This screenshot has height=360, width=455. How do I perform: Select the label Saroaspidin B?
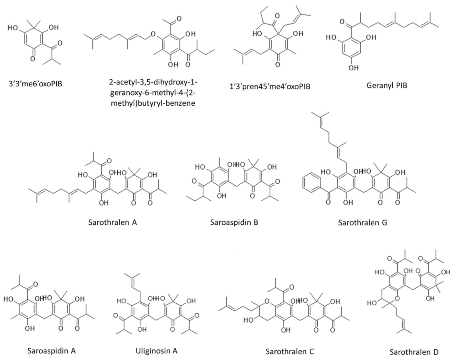(x=234, y=222)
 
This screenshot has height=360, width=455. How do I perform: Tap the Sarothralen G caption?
(x=363, y=222)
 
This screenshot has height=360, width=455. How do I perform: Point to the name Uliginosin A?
(x=157, y=351)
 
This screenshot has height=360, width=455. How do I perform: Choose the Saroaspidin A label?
(x=52, y=351)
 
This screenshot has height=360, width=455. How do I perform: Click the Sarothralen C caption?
(x=290, y=351)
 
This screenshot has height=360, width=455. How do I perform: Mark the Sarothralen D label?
(x=414, y=352)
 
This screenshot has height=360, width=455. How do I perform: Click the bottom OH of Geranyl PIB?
(x=354, y=68)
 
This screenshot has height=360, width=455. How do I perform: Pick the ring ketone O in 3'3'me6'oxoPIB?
(x=33, y=59)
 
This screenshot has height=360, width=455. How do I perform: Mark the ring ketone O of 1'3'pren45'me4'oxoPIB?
(x=277, y=65)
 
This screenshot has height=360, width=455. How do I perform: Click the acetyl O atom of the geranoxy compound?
(x=179, y=19)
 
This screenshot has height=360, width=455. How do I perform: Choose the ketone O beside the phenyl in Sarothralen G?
(x=328, y=202)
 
